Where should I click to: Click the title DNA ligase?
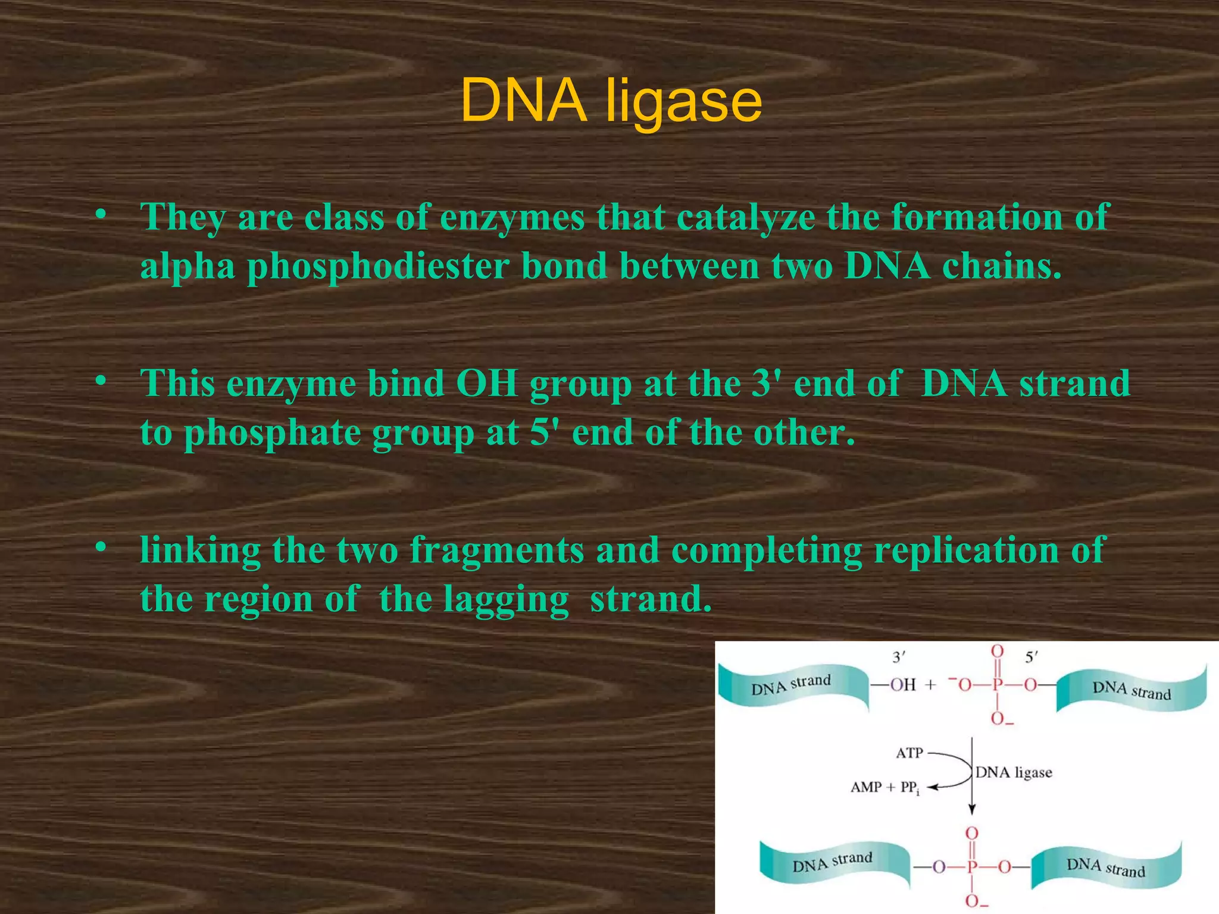click(x=611, y=101)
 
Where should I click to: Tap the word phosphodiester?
click(x=378, y=266)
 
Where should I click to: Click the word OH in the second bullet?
click(x=487, y=384)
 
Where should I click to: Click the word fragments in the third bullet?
click(x=497, y=550)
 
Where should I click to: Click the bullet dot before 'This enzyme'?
click(x=101, y=380)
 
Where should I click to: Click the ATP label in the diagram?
click(x=909, y=753)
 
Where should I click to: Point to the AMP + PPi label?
click(x=884, y=788)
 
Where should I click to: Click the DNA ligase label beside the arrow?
click(x=1014, y=772)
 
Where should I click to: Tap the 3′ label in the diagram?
click(x=898, y=657)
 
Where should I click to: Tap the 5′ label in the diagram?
click(x=1031, y=657)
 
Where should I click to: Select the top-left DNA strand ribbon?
click(x=792, y=685)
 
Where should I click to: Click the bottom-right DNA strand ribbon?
click(x=1106, y=866)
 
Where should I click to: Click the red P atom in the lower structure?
click(x=972, y=867)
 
